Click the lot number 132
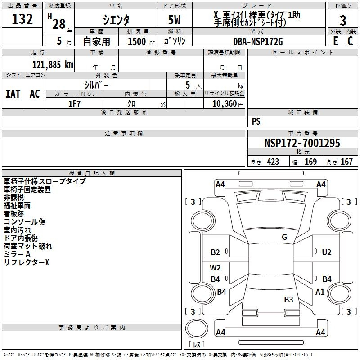coord(22,18)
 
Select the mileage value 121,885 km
coord(53,65)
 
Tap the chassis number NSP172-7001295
coord(302,143)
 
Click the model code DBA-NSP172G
coord(258,41)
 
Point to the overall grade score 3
coord(343,20)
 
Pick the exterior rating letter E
coord(336,41)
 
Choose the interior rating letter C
coord(350,41)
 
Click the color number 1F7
coord(74,104)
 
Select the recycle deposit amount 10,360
coord(224,104)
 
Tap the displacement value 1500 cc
coord(141,41)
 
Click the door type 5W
coord(174,20)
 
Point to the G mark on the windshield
coord(284,237)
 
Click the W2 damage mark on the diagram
coord(215,268)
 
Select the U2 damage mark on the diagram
coord(327,252)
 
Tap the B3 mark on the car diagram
coord(288,299)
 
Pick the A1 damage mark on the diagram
coord(320,292)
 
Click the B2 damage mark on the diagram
coord(216,252)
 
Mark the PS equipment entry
coord(256,121)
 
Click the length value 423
coord(273,162)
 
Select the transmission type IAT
coord(13,94)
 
